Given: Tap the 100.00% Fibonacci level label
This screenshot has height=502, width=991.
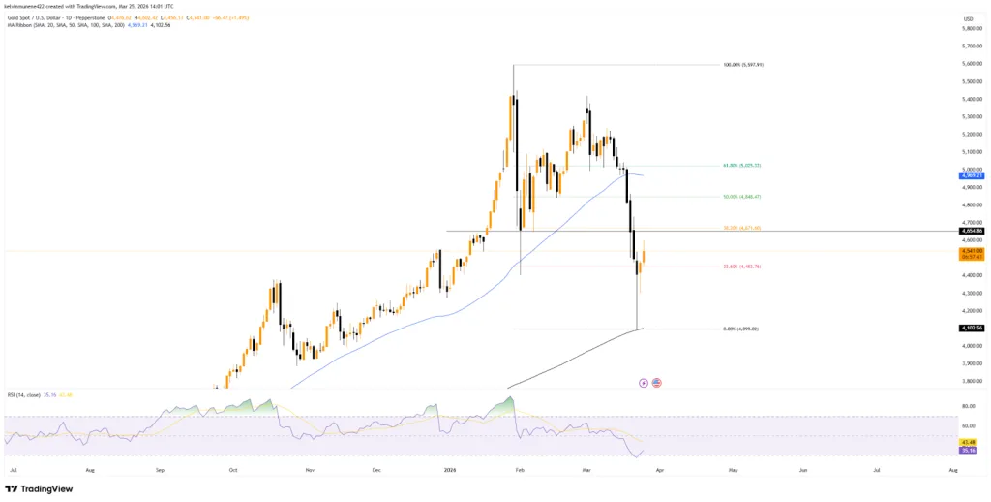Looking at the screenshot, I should click(743, 65).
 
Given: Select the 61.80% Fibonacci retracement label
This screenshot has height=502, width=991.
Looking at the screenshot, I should click(741, 166).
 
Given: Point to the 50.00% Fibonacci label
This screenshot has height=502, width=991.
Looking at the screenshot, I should click(741, 197).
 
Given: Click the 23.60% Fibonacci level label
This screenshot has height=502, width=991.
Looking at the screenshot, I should click(741, 267).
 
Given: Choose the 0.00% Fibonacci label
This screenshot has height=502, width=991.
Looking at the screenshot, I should click(740, 329).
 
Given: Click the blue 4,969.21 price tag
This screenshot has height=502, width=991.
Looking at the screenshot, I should click(972, 175).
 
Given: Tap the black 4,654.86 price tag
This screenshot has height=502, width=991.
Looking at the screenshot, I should click(972, 231).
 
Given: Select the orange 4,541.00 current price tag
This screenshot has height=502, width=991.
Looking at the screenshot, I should click(972, 251).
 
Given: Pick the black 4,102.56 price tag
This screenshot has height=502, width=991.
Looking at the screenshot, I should click(972, 329).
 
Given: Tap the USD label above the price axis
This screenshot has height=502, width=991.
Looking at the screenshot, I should click(967, 17).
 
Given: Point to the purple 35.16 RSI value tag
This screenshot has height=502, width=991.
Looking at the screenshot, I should click(971, 451).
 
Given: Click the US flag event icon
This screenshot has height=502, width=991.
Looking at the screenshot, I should click(657, 383).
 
